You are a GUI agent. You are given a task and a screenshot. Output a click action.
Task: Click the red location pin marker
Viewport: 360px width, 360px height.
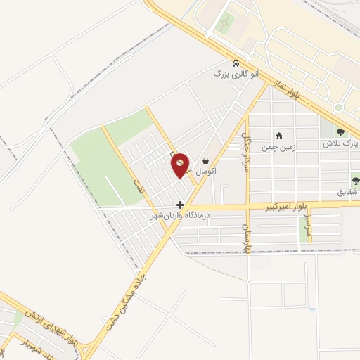pyautogui.click(x=180, y=165)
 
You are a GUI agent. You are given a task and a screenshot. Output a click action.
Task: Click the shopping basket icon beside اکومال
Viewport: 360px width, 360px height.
pyautogui.click(x=205, y=160)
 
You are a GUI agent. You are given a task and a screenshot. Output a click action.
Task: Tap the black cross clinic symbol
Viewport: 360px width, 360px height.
pyautogui.click(x=181, y=205)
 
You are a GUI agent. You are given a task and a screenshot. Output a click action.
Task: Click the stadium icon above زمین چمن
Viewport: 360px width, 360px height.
pyautogui.click(x=279, y=136)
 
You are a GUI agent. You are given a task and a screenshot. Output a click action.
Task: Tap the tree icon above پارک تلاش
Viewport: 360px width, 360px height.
pyautogui.click(x=341, y=132)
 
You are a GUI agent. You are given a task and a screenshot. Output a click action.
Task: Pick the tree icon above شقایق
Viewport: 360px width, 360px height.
pyautogui.click(x=355, y=181)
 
